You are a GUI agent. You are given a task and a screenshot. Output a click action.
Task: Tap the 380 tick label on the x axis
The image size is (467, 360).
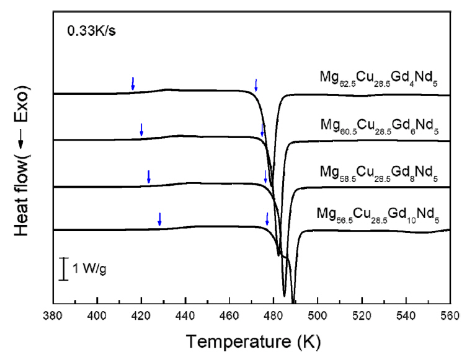53,315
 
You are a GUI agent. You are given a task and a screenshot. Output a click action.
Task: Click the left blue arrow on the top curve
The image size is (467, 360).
133,83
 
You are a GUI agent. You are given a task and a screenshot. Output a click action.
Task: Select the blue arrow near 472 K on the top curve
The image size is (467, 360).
256,85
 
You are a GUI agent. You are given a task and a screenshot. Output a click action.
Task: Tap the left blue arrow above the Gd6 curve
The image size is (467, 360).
141,130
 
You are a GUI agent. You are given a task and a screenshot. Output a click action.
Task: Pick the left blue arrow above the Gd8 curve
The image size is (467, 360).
148,176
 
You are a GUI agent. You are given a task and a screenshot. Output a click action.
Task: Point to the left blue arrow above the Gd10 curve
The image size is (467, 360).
159,219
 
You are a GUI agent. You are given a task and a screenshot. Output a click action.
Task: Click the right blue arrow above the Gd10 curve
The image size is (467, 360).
267,219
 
